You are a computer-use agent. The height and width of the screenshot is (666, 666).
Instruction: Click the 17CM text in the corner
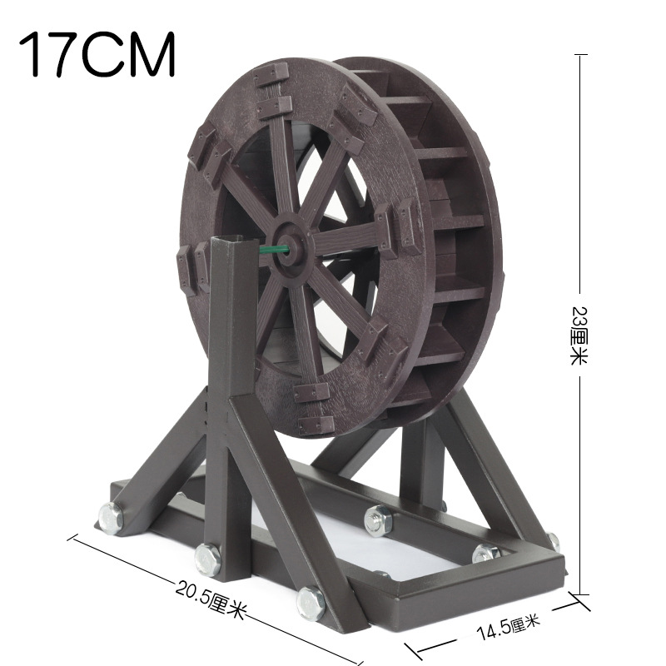97,54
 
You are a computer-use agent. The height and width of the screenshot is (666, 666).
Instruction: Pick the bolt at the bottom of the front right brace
311,601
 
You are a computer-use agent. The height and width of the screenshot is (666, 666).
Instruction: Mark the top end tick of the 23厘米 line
580,55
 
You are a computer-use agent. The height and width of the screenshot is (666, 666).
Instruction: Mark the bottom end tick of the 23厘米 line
580,594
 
